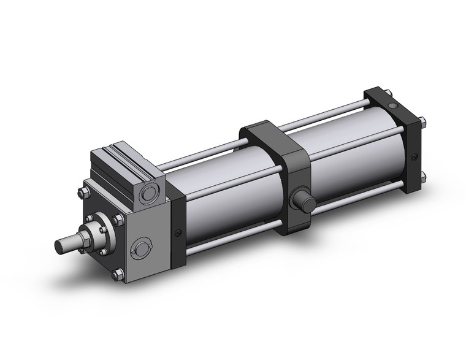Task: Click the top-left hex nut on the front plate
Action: click(81, 196)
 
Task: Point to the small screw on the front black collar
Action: click(178, 232)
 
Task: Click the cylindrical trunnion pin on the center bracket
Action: click(302, 201)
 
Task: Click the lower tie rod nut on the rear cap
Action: click(423, 178)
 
